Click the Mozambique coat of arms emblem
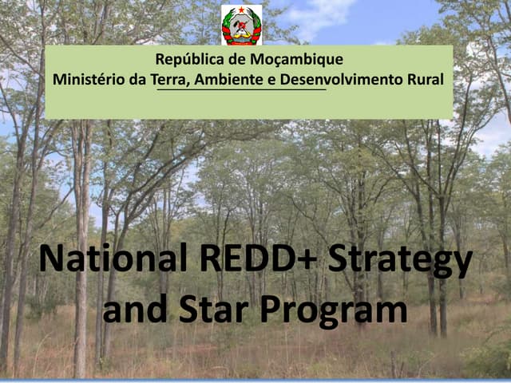click(x=241, y=24)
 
